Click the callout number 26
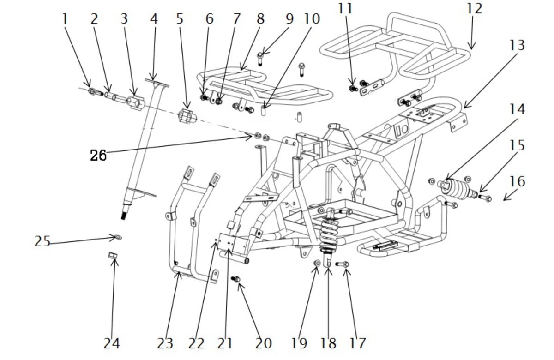(98, 156)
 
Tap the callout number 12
(475, 8)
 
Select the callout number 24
(112, 343)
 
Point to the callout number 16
(517, 181)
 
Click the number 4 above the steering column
(154, 19)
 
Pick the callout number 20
(264, 343)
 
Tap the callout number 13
(517, 45)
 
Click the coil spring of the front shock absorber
(329, 235)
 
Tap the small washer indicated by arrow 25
(119, 237)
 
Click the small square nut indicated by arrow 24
(113, 255)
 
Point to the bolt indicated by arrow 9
(259, 59)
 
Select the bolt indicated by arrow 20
(235, 279)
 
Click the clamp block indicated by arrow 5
(187, 116)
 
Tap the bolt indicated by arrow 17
(342, 264)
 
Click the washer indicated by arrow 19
(317, 263)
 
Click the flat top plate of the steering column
(157, 83)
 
